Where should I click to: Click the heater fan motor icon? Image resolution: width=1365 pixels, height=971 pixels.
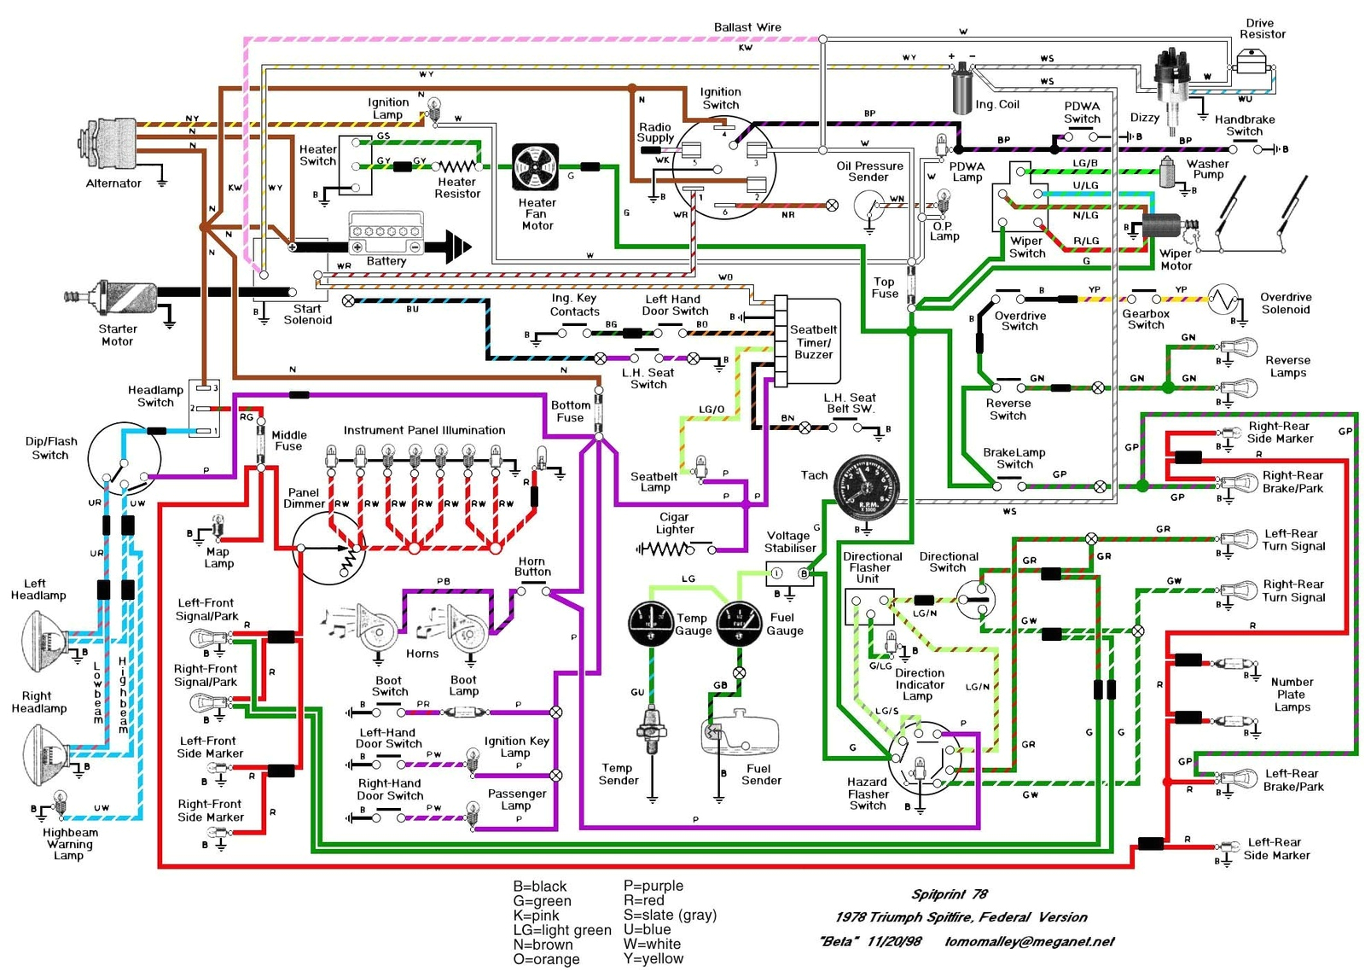[x=535, y=167]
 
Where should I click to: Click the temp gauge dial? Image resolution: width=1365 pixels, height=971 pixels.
[x=652, y=623]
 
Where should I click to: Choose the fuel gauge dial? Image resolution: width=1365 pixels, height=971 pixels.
[x=739, y=624]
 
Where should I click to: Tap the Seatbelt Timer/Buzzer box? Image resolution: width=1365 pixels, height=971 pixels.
[x=811, y=341]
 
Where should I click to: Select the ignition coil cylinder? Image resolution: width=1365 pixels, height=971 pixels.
[x=961, y=87]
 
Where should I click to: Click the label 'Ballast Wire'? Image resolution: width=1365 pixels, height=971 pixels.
[x=747, y=27]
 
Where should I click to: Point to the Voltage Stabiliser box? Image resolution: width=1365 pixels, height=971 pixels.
[x=789, y=573]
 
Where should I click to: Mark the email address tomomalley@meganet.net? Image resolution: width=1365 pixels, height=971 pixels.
[x=1029, y=941]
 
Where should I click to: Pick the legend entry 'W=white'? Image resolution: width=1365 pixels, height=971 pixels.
[x=652, y=944]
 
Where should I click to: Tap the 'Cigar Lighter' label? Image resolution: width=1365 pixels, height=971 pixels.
[x=674, y=523]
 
